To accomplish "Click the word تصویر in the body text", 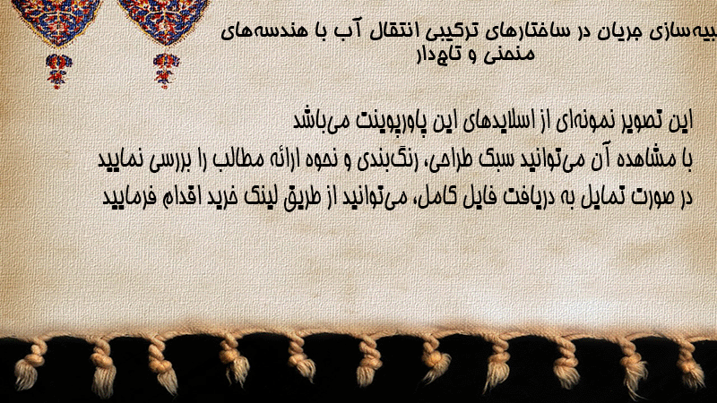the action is click(637, 121).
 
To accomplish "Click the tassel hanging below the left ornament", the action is click(57, 71).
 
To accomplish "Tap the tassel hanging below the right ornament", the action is click(166, 71).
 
